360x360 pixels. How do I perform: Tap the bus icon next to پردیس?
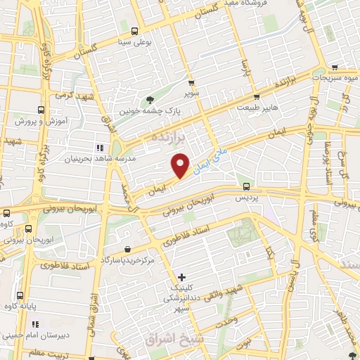click(246, 186)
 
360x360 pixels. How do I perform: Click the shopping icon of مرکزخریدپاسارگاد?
click(127, 249)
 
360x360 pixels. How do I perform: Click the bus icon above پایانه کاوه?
click(20, 295)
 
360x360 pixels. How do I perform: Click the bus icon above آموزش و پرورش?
click(41, 110)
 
